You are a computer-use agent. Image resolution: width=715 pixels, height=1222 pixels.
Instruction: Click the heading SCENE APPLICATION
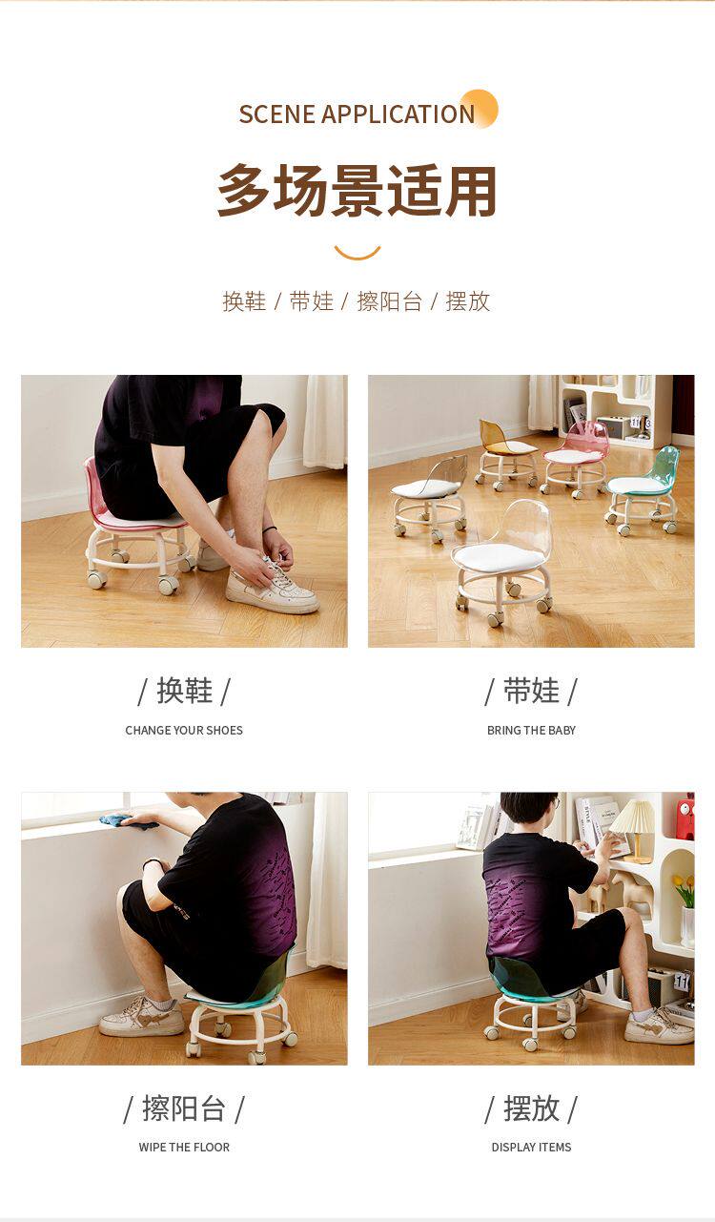pos(357,114)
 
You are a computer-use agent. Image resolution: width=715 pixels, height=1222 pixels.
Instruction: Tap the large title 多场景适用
pos(357,191)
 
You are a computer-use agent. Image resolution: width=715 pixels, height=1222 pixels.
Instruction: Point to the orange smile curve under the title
pos(357,254)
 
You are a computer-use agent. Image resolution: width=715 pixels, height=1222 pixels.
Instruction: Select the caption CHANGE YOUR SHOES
pos(184,730)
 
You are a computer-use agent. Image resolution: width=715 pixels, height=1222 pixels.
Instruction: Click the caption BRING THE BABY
pos(531,730)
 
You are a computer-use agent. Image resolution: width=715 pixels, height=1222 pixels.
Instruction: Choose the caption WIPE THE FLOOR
pos(184,1147)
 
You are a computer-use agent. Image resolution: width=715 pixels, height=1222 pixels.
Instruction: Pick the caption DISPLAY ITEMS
pos(531,1147)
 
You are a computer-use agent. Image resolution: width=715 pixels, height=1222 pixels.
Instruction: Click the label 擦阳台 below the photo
pos(184,1108)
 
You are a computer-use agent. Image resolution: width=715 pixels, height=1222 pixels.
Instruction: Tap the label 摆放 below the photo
pos(531,1108)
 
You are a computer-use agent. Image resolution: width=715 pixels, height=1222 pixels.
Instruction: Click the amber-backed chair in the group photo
pos(505,452)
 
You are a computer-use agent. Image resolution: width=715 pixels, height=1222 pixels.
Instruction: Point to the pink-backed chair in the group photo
pos(575,460)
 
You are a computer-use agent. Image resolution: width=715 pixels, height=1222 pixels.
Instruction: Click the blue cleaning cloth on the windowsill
pos(127,820)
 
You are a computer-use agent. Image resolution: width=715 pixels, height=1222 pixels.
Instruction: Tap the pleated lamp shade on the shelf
pos(634,817)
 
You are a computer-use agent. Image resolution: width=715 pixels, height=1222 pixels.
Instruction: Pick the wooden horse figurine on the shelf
pos(627,893)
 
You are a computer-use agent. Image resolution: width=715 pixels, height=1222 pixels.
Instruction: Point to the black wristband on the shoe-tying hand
pos(269,529)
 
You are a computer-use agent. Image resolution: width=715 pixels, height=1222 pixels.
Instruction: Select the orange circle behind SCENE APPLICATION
pos(479,109)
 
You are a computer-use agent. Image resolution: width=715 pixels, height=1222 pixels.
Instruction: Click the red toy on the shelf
pos(685,817)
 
